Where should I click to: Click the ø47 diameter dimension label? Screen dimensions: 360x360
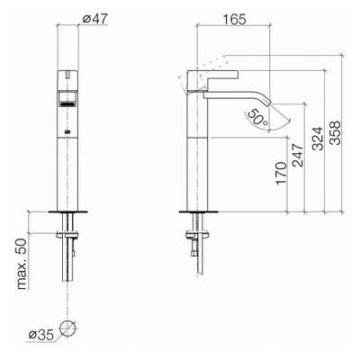click(x=94, y=19)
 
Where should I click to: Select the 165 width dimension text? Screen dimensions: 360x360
click(x=234, y=20)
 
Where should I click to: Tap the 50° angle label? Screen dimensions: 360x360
click(x=256, y=117)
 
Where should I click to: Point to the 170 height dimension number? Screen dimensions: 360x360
click(x=281, y=173)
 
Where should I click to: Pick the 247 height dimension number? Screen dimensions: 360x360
click(x=299, y=156)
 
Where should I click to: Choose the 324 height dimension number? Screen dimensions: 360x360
click(x=318, y=139)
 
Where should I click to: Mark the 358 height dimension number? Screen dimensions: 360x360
click(x=336, y=132)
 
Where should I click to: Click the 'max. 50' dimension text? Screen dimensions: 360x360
click(x=22, y=265)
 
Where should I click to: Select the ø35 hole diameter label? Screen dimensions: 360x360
click(x=41, y=335)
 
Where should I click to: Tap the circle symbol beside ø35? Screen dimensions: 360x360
click(x=67, y=328)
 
